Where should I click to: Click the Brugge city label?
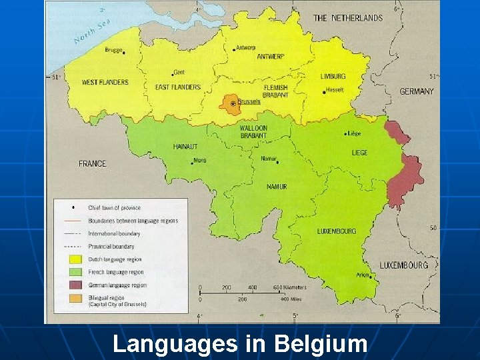tap(113, 50)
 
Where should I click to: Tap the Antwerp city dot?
tap(235, 49)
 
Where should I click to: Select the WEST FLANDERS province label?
tap(105, 83)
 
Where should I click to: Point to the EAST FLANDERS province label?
tap(177, 87)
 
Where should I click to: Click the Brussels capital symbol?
tap(233, 104)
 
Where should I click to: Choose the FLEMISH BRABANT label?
tap(275, 91)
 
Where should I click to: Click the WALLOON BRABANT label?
tap(253, 132)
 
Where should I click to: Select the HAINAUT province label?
tap(185, 146)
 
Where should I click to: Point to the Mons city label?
tap(199, 161)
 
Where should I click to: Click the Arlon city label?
tap(363, 274)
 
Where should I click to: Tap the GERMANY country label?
tap(417, 91)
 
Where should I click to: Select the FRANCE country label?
tap(92, 163)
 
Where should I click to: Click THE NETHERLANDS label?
tap(348, 18)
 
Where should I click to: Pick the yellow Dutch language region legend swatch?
tap(75, 259)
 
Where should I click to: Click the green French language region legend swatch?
tap(75, 272)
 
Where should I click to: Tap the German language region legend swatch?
tap(75, 285)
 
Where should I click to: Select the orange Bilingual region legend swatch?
tap(75, 297)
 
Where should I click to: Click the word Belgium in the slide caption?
tap(321, 344)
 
